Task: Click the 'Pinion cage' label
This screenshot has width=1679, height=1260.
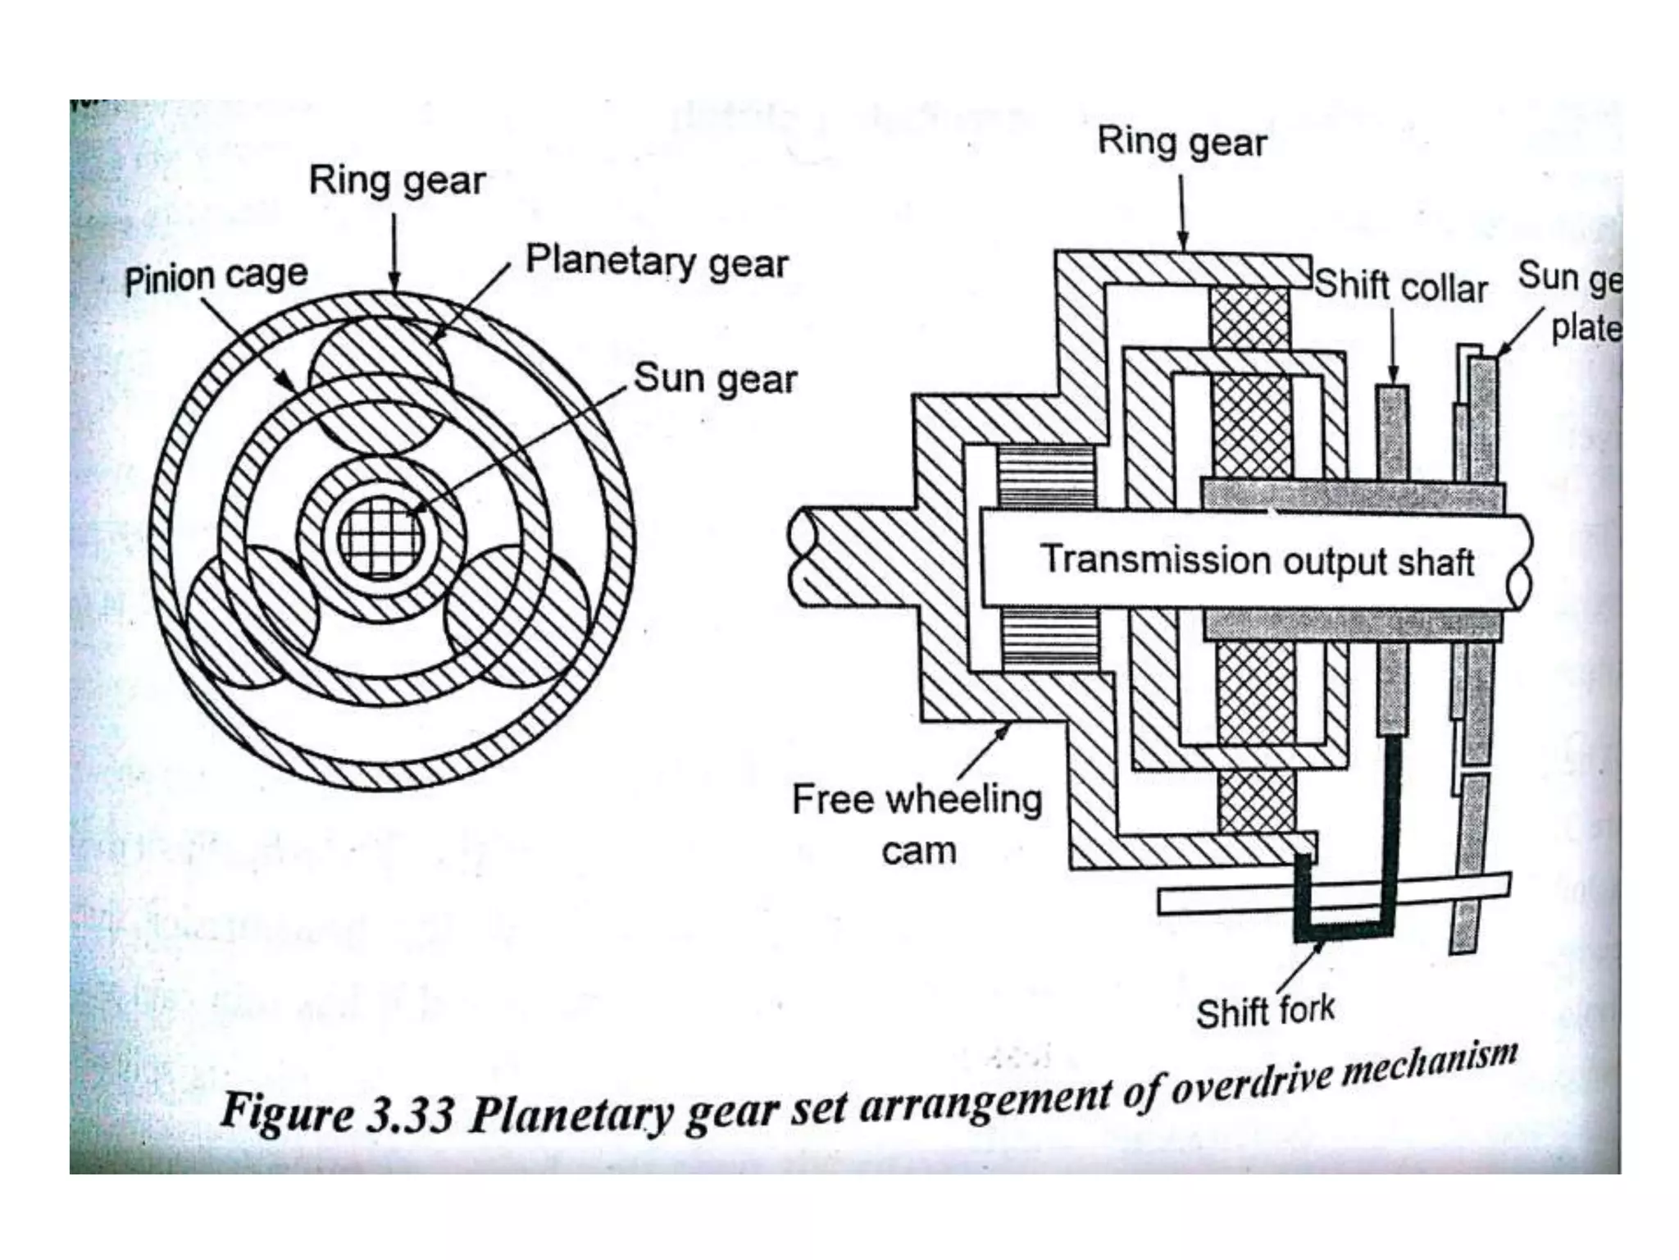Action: [x=216, y=276]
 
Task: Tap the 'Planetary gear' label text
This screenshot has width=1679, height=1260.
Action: [x=657, y=262]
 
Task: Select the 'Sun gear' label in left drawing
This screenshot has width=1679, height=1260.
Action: [x=715, y=379]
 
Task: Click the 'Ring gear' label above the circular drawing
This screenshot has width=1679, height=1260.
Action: [x=397, y=180]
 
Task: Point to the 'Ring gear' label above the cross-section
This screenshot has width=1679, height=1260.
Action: [x=1181, y=142]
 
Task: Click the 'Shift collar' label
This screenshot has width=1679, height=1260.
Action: [x=1401, y=287]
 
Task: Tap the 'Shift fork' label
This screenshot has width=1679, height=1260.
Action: [x=1265, y=1011]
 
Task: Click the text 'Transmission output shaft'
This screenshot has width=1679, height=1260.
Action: [x=1257, y=561]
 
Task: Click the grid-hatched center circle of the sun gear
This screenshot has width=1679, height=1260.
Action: [x=382, y=537]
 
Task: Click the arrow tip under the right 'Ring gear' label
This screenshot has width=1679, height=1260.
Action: [x=1183, y=245]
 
